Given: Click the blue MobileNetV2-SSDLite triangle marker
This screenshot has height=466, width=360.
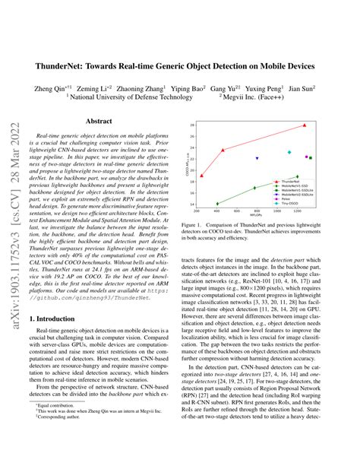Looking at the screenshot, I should pyautogui.click(x=257, y=158).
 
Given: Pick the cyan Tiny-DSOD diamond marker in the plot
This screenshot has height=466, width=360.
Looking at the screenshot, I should pyautogui.click(x=289, y=152).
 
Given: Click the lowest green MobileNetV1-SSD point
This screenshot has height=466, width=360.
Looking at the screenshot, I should pyautogui.click(x=217, y=204).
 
